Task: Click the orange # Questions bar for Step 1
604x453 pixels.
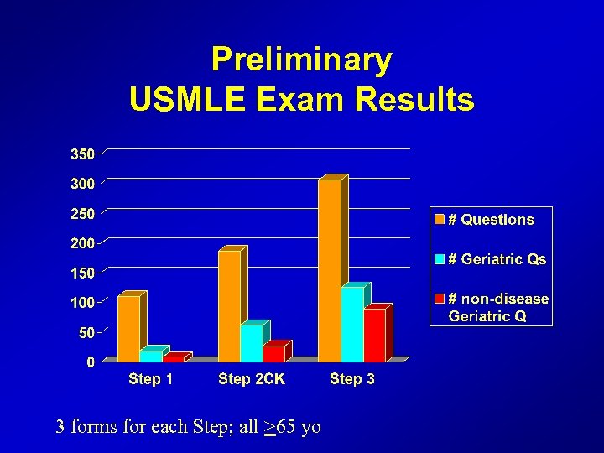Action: pyautogui.click(x=128, y=329)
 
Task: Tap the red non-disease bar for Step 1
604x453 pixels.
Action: pyautogui.click(x=174, y=358)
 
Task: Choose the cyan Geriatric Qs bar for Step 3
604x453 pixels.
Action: pyautogui.click(x=352, y=325)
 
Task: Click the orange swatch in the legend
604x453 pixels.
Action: pyautogui.click(x=439, y=220)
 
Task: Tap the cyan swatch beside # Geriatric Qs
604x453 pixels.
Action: pyautogui.click(x=439, y=260)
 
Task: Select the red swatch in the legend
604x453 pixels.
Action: pyautogui.click(x=439, y=299)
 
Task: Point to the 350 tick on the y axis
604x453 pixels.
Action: pyautogui.click(x=82, y=154)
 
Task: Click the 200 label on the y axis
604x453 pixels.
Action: pyautogui.click(x=82, y=243)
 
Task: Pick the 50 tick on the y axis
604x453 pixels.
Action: pyautogui.click(x=86, y=333)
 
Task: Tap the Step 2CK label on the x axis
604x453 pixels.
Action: pyautogui.click(x=252, y=379)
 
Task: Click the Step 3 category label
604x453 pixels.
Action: pyautogui.click(x=352, y=379)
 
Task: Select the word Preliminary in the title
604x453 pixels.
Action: pyautogui.click(x=301, y=60)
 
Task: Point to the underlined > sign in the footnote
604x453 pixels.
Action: pyautogui.click(x=269, y=427)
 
